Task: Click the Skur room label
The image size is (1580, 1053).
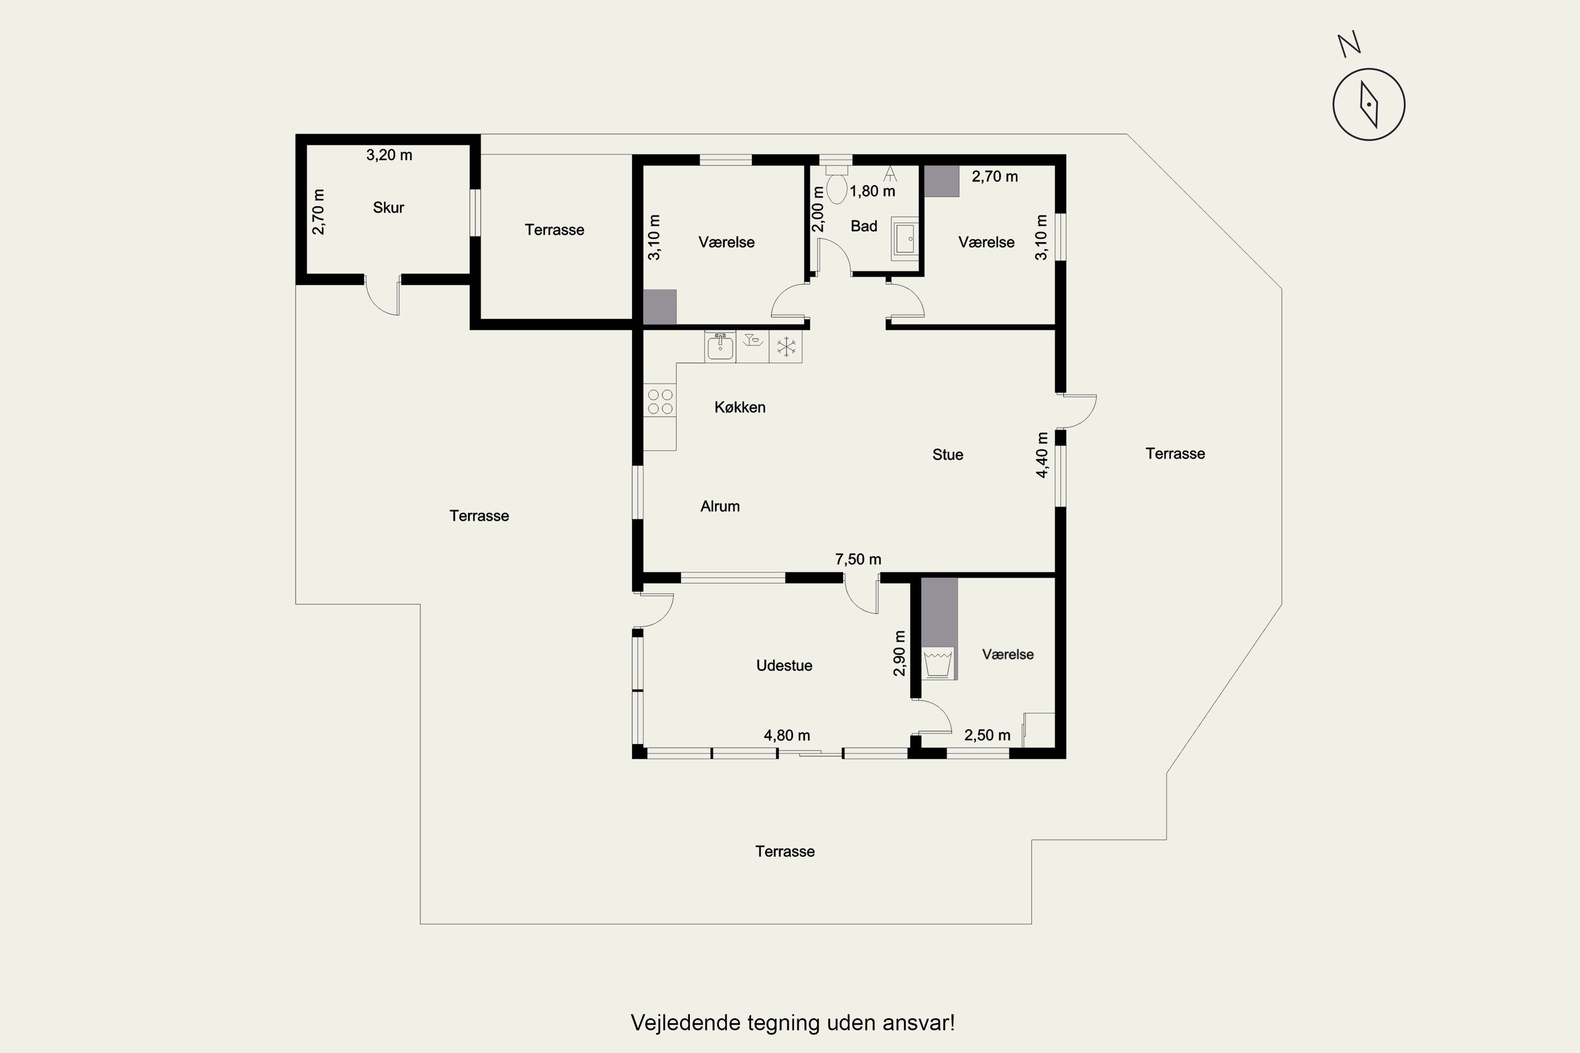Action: (x=388, y=207)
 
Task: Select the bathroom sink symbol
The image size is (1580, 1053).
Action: (x=904, y=239)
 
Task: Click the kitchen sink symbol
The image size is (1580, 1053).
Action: (x=720, y=346)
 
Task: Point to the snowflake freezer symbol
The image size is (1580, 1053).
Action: (x=786, y=346)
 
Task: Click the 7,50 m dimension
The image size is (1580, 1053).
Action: (x=858, y=559)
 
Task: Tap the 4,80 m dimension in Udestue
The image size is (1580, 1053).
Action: (x=787, y=736)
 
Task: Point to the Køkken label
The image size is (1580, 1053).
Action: (x=739, y=407)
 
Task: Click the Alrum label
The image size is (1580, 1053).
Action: (x=720, y=506)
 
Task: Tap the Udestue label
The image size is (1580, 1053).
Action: (x=784, y=665)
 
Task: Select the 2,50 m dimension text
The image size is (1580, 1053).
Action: (x=987, y=736)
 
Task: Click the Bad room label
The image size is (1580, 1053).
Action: (x=864, y=226)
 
